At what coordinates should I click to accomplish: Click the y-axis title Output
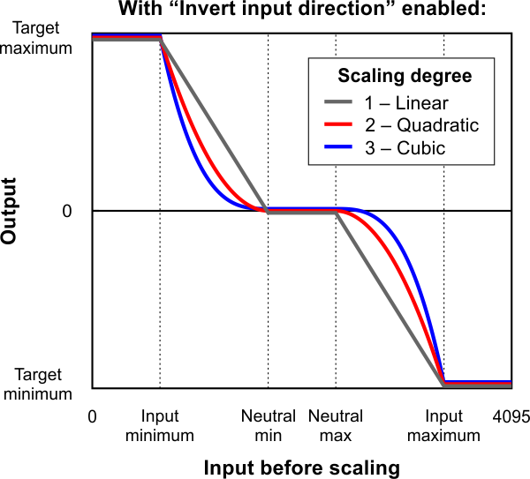coord(10,211)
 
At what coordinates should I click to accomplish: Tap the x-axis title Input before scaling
coord(302,466)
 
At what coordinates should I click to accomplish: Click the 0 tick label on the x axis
coord(93,416)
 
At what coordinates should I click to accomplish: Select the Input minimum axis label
coord(159,425)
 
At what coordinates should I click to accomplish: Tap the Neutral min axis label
coord(269,425)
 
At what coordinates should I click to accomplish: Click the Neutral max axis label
coord(335,425)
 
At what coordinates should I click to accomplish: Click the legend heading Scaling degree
coord(405,76)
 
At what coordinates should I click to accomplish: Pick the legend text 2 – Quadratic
coord(420,125)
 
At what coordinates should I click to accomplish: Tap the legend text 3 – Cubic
coord(404,148)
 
